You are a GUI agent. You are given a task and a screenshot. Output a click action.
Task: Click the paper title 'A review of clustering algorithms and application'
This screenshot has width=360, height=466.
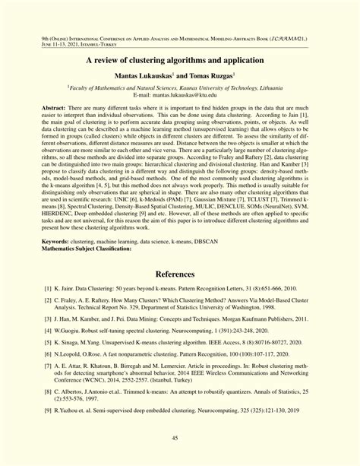click(179, 59)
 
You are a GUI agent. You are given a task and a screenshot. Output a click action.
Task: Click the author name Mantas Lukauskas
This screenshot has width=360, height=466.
click(143, 77)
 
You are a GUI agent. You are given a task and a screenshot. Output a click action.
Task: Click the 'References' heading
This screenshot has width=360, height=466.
click(179, 274)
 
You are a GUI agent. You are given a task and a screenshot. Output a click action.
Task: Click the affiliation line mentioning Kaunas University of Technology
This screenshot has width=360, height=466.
click(179, 89)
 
